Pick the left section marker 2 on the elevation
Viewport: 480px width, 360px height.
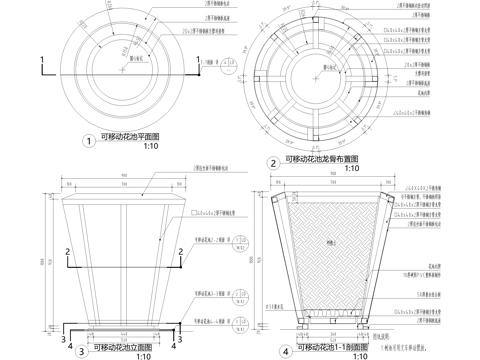66,249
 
